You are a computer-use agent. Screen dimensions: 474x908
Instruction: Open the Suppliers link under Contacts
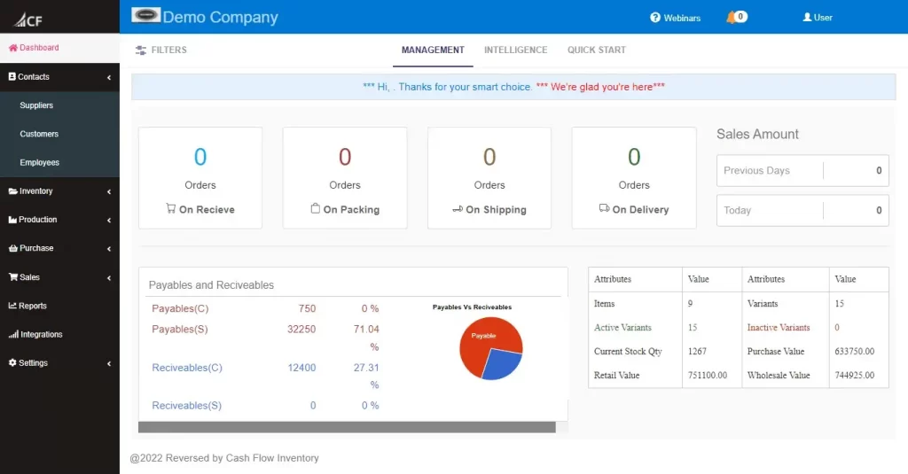tap(36, 105)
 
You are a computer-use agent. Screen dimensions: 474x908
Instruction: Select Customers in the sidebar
tap(39, 134)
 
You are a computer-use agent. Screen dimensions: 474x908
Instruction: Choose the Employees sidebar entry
tap(40, 163)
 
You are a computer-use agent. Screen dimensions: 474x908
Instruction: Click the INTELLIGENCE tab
tap(515, 51)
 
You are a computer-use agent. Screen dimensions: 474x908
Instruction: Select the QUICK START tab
tap(597, 51)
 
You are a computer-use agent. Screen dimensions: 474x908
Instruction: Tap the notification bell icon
tap(732, 17)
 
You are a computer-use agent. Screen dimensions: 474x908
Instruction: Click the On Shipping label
tap(489, 210)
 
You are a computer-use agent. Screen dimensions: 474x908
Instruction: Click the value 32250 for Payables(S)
tap(301, 329)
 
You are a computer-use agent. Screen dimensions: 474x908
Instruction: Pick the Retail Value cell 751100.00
tap(708, 376)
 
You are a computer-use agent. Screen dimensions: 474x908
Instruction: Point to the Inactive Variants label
tap(779, 328)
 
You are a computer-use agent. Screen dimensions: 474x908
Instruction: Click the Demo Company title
tap(220, 18)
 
